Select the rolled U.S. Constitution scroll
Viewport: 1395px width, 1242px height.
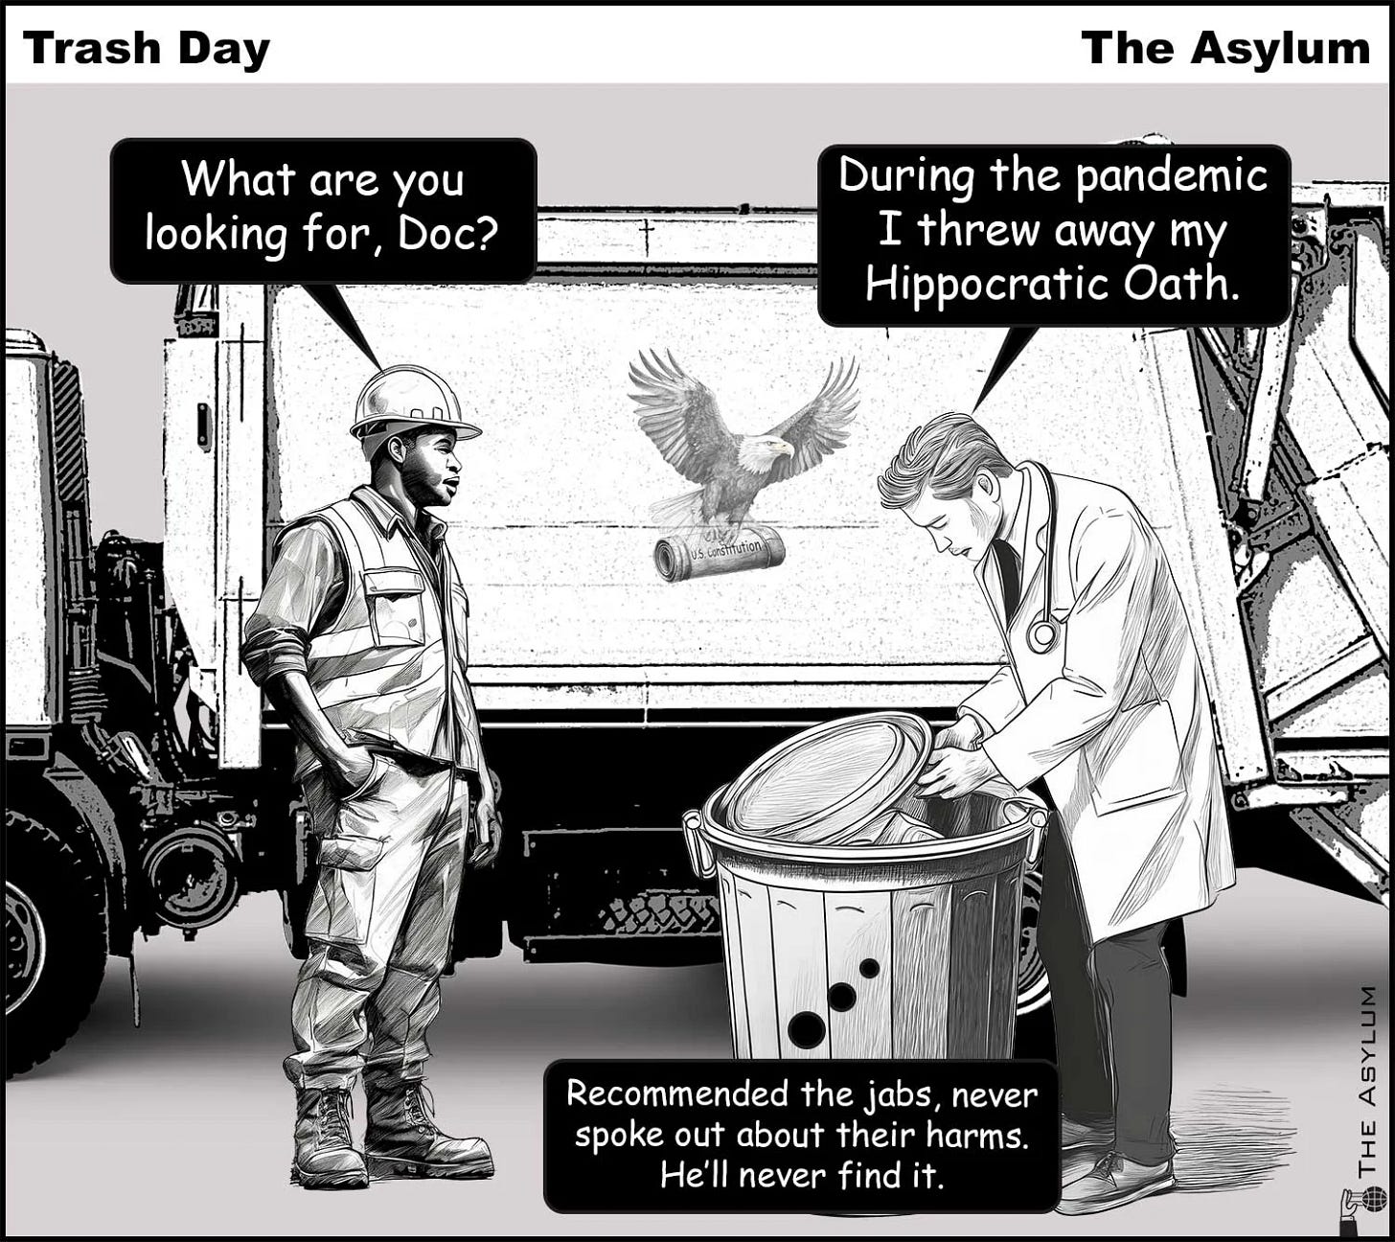[x=720, y=555]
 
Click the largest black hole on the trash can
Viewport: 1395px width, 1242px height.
[x=807, y=1028]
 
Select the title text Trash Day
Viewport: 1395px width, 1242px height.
[x=147, y=50]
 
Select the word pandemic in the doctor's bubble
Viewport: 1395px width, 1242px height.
[x=1171, y=176]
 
